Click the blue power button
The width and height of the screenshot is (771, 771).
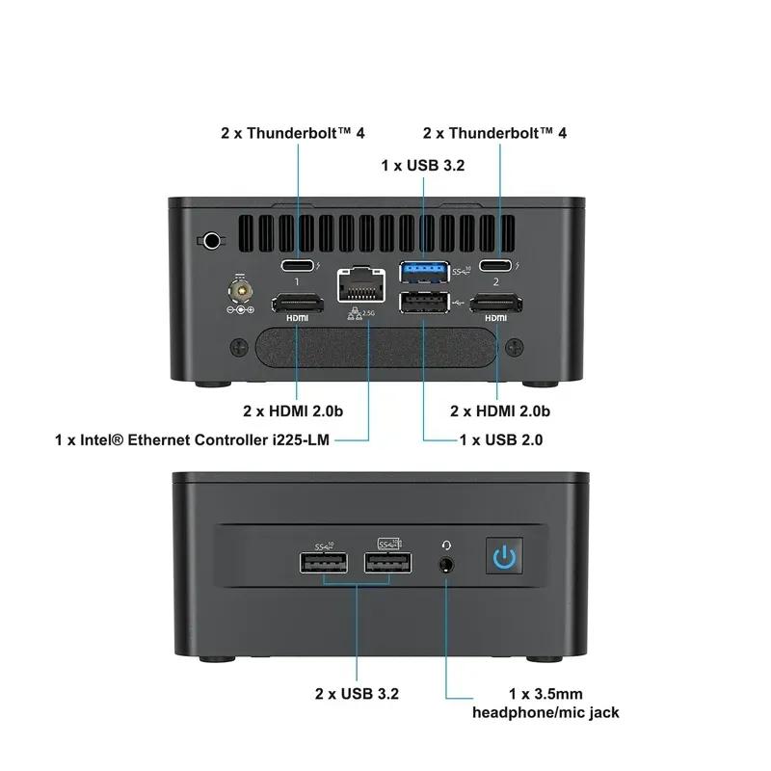click(503, 557)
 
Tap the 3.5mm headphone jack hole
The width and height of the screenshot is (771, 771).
click(447, 563)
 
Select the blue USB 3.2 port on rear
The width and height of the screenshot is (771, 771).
click(422, 271)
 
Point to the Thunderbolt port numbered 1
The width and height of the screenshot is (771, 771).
click(297, 267)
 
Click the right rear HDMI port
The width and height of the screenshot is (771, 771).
click(496, 305)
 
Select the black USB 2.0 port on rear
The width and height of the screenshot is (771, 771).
click(422, 305)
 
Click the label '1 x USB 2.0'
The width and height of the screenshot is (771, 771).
click(501, 440)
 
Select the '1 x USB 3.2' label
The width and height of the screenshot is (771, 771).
click(423, 166)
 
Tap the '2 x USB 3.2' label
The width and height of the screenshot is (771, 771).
click(357, 693)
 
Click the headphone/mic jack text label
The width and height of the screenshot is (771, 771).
click(545, 712)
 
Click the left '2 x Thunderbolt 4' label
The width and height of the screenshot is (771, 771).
click(293, 132)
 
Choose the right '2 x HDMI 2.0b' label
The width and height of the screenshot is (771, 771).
click(500, 411)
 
